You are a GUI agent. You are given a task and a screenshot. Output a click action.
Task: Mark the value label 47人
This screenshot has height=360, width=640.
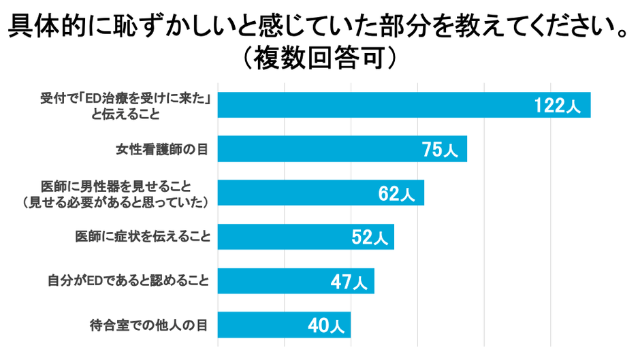pos(349,281)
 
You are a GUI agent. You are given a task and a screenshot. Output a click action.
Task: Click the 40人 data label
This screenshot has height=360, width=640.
pos(325,325)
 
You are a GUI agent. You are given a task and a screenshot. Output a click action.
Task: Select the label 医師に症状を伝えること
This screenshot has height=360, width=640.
pos(142,237)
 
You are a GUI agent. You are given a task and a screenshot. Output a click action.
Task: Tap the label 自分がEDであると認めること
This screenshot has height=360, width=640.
pos(129,280)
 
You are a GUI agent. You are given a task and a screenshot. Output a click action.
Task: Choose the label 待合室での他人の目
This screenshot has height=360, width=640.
pos(148,325)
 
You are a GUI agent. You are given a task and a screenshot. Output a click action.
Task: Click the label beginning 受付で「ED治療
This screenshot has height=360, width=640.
pos(125,99)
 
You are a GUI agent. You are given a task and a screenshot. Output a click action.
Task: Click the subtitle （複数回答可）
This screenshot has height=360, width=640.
pos(319,59)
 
